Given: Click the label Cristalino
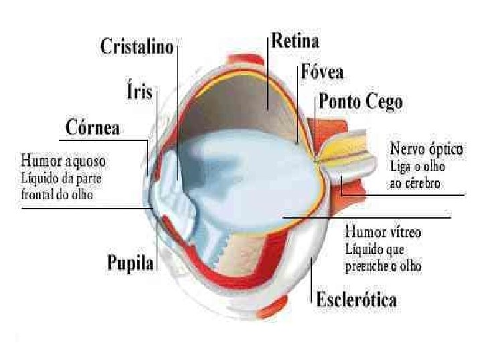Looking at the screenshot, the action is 137,47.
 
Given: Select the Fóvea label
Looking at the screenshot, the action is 323,72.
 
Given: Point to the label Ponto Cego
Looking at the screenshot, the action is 361,102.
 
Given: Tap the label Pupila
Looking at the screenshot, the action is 131,263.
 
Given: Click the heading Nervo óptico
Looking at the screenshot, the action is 426,147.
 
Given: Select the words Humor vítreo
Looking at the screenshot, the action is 383,233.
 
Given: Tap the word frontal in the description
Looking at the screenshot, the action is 39,196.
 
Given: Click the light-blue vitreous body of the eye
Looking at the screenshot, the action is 254,174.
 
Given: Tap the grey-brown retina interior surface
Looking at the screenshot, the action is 248,100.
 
